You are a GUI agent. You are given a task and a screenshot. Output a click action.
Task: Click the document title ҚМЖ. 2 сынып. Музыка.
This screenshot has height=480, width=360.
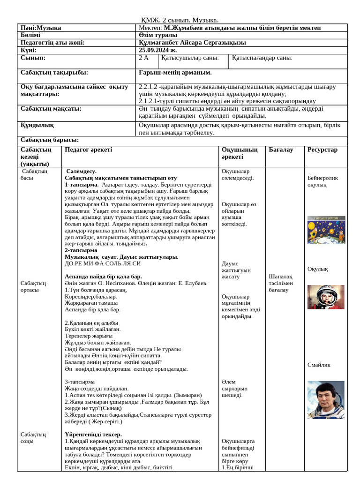click(x=180, y=20)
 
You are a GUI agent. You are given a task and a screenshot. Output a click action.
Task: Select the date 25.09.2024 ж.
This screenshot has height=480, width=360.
click(x=158, y=50)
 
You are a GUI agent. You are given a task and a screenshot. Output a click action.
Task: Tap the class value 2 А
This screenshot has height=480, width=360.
click(x=143, y=58)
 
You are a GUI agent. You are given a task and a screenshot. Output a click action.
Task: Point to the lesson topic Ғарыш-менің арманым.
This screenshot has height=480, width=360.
click(x=175, y=73)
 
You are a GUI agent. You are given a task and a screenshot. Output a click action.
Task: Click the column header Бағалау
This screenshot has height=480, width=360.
click(x=281, y=150)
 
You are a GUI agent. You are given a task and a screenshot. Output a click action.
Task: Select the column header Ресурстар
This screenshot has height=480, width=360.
click(x=322, y=150)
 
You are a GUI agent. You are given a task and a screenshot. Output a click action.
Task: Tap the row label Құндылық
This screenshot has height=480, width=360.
click(x=37, y=125)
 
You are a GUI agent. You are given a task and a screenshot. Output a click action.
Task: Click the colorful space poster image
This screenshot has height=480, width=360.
click(x=326, y=230)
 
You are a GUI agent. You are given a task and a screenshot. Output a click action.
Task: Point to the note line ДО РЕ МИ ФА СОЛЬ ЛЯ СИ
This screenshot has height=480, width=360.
click(x=103, y=263)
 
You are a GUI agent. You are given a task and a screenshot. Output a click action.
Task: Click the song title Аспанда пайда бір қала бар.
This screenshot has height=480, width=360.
click(x=103, y=277)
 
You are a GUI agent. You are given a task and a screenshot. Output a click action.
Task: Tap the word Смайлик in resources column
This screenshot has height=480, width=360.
click(x=319, y=365)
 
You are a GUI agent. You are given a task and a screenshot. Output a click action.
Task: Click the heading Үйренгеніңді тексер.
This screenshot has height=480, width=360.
click(x=93, y=435)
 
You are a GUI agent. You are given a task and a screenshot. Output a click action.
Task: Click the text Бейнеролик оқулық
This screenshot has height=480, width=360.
click(x=322, y=181)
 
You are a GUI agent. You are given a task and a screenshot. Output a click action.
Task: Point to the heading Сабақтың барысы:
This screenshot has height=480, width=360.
click(x=50, y=140)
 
